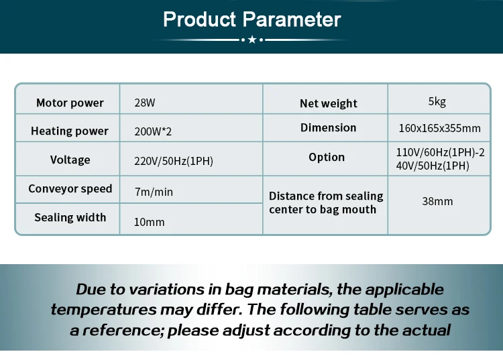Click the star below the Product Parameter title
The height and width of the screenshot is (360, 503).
click(x=252, y=40)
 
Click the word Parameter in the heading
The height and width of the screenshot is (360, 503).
click(x=292, y=19)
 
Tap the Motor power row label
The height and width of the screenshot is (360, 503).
click(x=70, y=103)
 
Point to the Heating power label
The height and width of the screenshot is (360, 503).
click(x=70, y=131)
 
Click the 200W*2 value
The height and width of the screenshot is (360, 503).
click(x=153, y=131)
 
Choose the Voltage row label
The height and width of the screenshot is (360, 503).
click(x=70, y=160)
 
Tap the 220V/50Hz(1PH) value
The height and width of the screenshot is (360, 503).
click(x=174, y=161)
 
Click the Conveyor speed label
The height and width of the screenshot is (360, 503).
click(x=70, y=188)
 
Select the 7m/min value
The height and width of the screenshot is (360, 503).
click(x=154, y=192)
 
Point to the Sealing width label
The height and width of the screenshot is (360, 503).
click(x=70, y=217)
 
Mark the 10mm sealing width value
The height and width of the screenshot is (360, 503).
click(x=149, y=222)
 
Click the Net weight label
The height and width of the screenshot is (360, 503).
click(x=329, y=103)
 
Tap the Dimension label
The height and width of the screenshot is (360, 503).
click(x=328, y=127)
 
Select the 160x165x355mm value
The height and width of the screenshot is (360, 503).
click(x=439, y=128)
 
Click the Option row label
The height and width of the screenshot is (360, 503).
click(x=327, y=157)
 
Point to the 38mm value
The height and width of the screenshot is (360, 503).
click(x=437, y=201)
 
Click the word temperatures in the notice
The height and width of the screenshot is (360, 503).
click(x=103, y=310)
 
